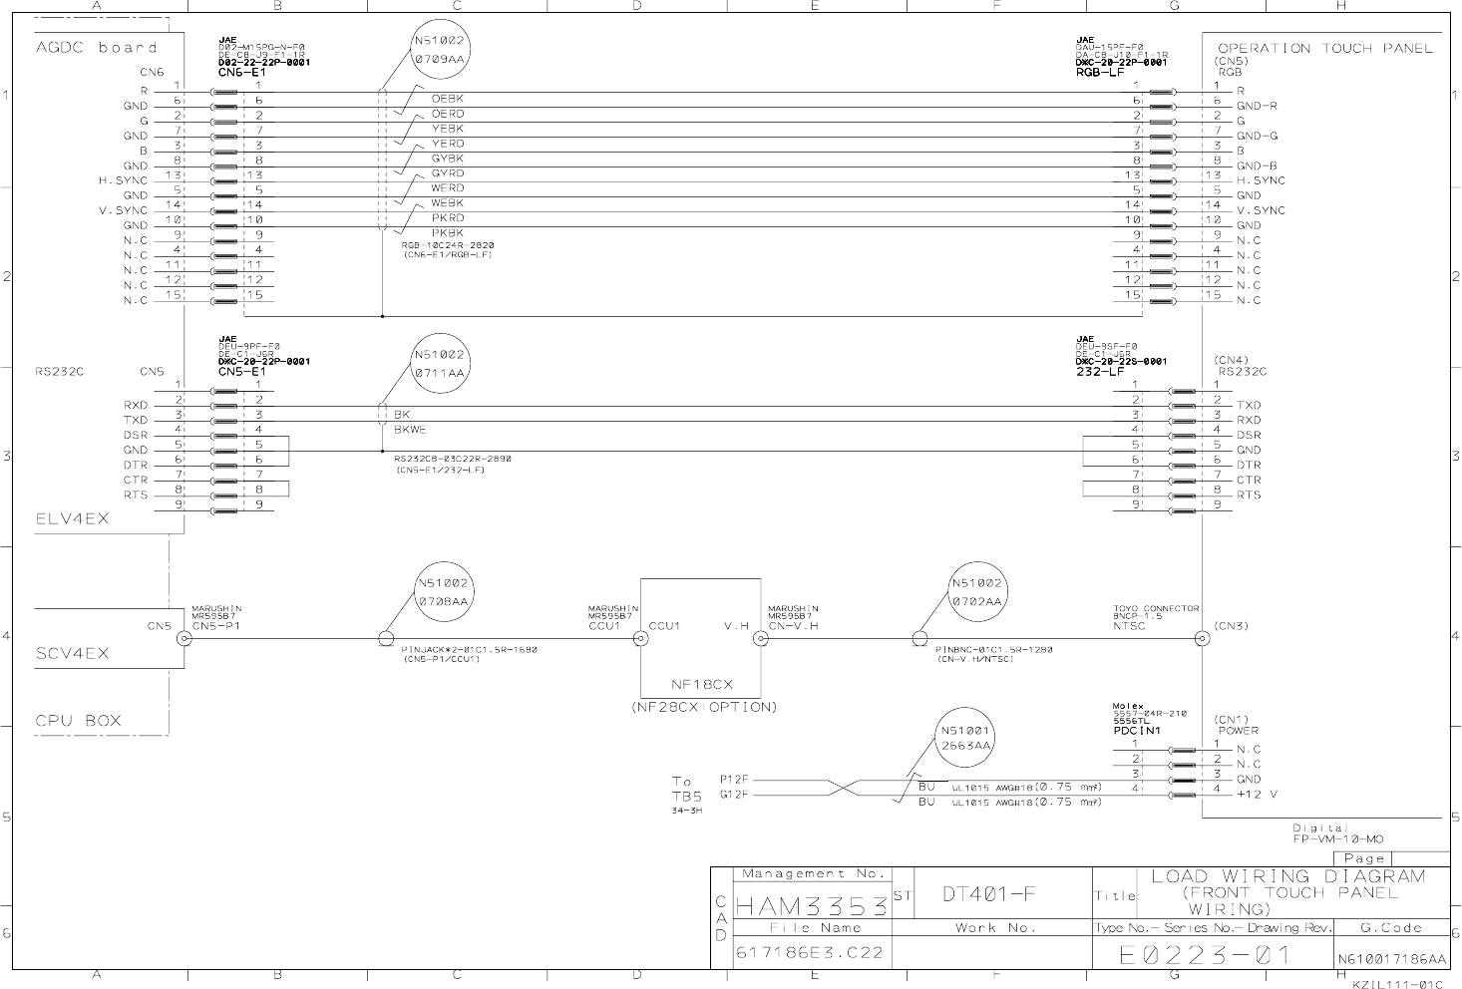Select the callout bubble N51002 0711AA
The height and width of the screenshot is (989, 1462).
439,364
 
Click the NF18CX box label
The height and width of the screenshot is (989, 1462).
701,685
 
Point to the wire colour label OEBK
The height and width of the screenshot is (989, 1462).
447,99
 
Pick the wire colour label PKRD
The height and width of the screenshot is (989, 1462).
447,218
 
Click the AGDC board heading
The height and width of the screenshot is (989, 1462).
96,48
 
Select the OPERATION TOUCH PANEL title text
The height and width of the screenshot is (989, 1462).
1324,48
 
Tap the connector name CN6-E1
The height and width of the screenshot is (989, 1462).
241,73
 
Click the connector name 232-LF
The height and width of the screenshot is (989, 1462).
1100,372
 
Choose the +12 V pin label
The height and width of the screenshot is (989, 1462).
1257,795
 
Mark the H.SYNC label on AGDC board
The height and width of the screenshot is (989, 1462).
122,180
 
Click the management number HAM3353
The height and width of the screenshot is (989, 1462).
811,907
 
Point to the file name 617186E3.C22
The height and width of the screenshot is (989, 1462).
809,953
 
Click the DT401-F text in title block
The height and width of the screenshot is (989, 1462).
989,893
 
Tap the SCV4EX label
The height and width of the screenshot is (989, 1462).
72,654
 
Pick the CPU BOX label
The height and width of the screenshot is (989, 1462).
78,721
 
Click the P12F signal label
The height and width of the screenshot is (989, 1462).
733,779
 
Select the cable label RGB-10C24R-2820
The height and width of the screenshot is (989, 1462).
448,245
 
